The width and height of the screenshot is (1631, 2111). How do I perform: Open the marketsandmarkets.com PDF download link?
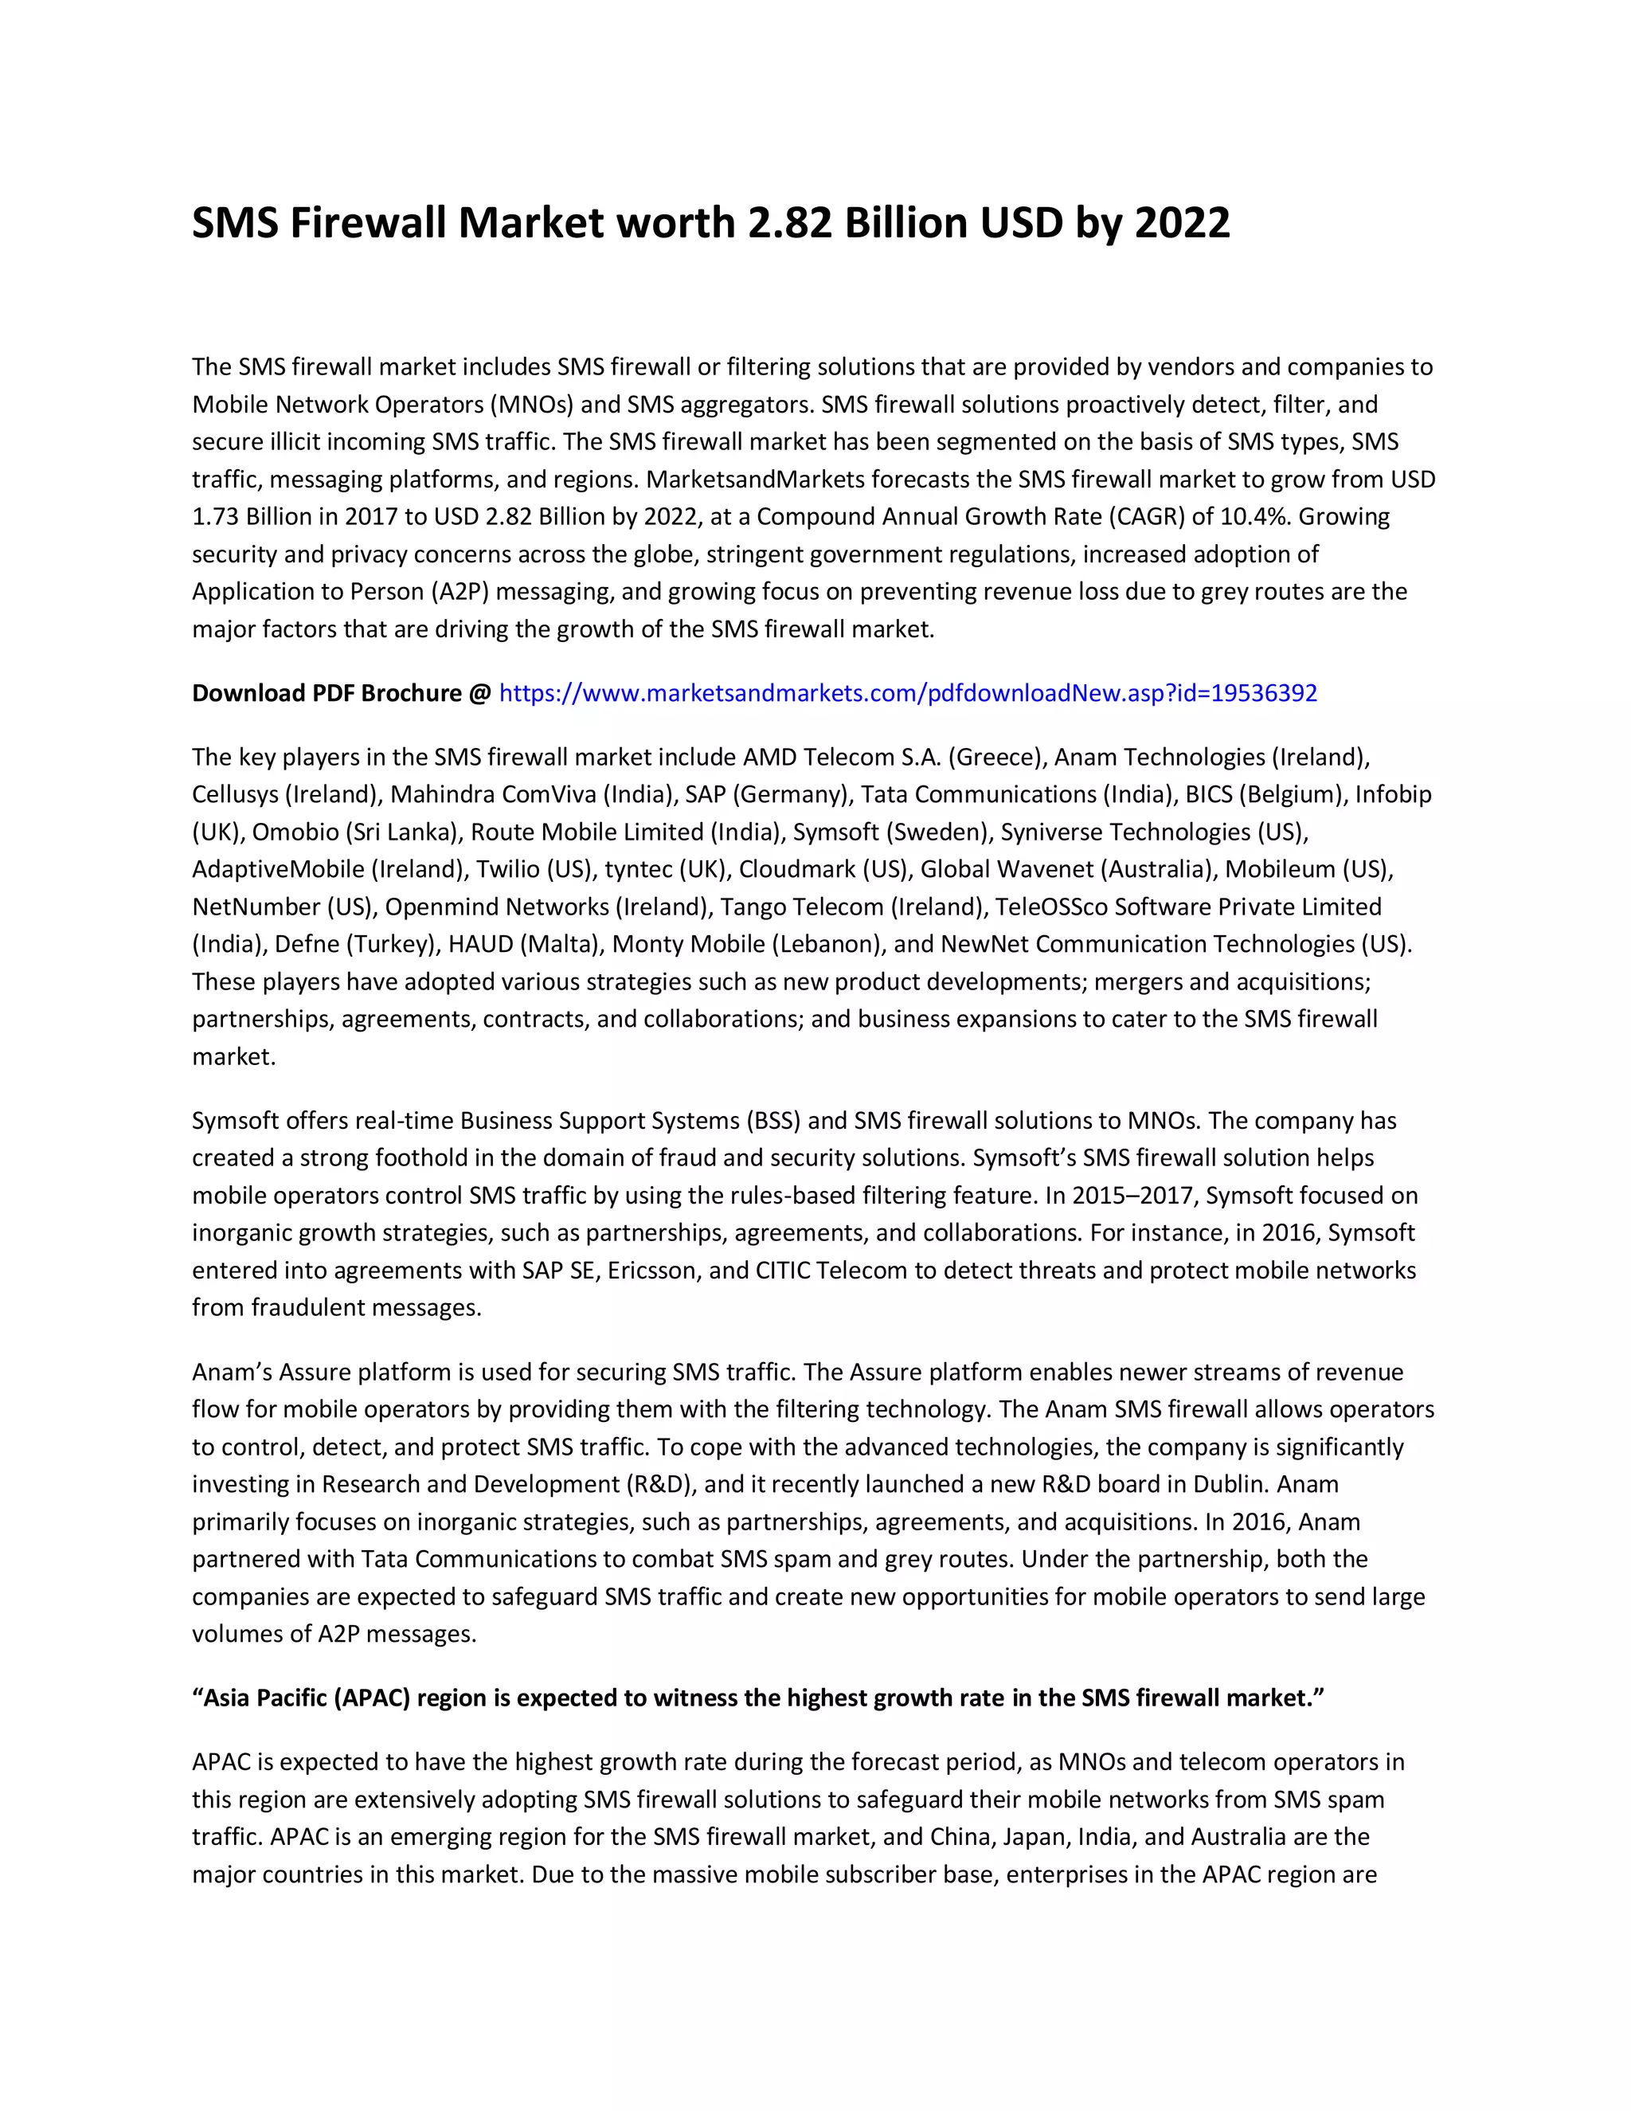907,693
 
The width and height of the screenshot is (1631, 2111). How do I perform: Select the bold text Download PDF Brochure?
327,693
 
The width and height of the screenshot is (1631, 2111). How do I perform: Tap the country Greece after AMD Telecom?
997,757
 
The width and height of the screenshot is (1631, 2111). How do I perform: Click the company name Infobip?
1392,794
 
